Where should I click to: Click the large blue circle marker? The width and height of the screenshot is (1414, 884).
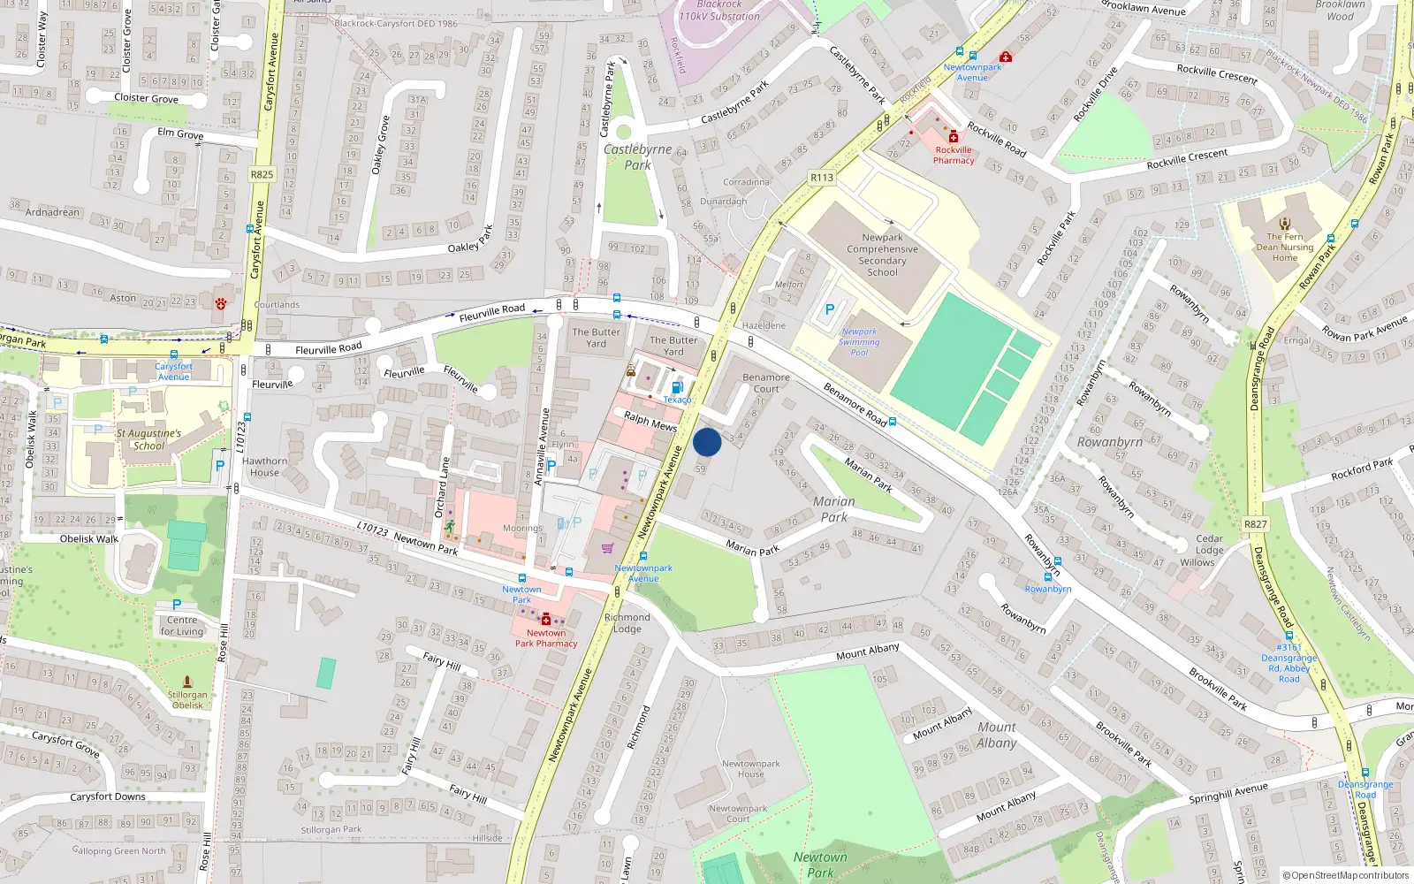pyautogui.click(x=707, y=442)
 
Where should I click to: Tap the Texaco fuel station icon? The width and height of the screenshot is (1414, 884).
pyautogui.click(x=678, y=387)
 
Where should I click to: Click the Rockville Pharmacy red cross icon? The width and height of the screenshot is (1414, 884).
pyautogui.click(x=953, y=137)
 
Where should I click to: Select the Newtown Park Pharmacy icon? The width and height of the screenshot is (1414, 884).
pyautogui.click(x=546, y=620)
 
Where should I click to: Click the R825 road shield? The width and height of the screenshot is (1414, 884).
pyautogui.click(x=262, y=174)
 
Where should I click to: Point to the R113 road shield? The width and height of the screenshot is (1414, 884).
pyautogui.click(x=822, y=178)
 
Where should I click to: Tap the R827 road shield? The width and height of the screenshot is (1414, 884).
pyautogui.click(x=1255, y=524)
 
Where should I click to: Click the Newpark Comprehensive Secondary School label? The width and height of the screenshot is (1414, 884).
pyautogui.click(x=882, y=255)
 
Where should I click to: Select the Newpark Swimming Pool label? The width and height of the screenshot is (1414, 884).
pyautogui.click(x=859, y=342)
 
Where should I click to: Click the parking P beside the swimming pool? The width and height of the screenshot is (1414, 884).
pyautogui.click(x=829, y=309)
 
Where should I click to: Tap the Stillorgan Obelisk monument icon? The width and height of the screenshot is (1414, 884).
pyautogui.click(x=187, y=682)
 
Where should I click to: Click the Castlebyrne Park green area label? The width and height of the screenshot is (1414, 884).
pyautogui.click(x=637, y=157)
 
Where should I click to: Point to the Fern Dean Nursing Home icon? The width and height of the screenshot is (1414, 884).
pyautogui.click(x=1285, y=224)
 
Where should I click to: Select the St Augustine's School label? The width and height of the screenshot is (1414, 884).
pyautogui.click(x=148, y=439)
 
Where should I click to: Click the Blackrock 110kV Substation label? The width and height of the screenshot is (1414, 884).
pyautogui.click(x=719, y=11)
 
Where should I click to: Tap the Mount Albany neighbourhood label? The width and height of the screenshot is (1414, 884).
pyautogui.click(x=996, y=735)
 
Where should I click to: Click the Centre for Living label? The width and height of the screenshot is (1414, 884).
pyautogui.click(x=182, y=626)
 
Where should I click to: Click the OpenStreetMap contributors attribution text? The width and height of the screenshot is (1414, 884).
pyautogui.click(x=1345, y=875)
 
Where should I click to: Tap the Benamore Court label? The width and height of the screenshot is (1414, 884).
pyautogui.click(x=766, y=383)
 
